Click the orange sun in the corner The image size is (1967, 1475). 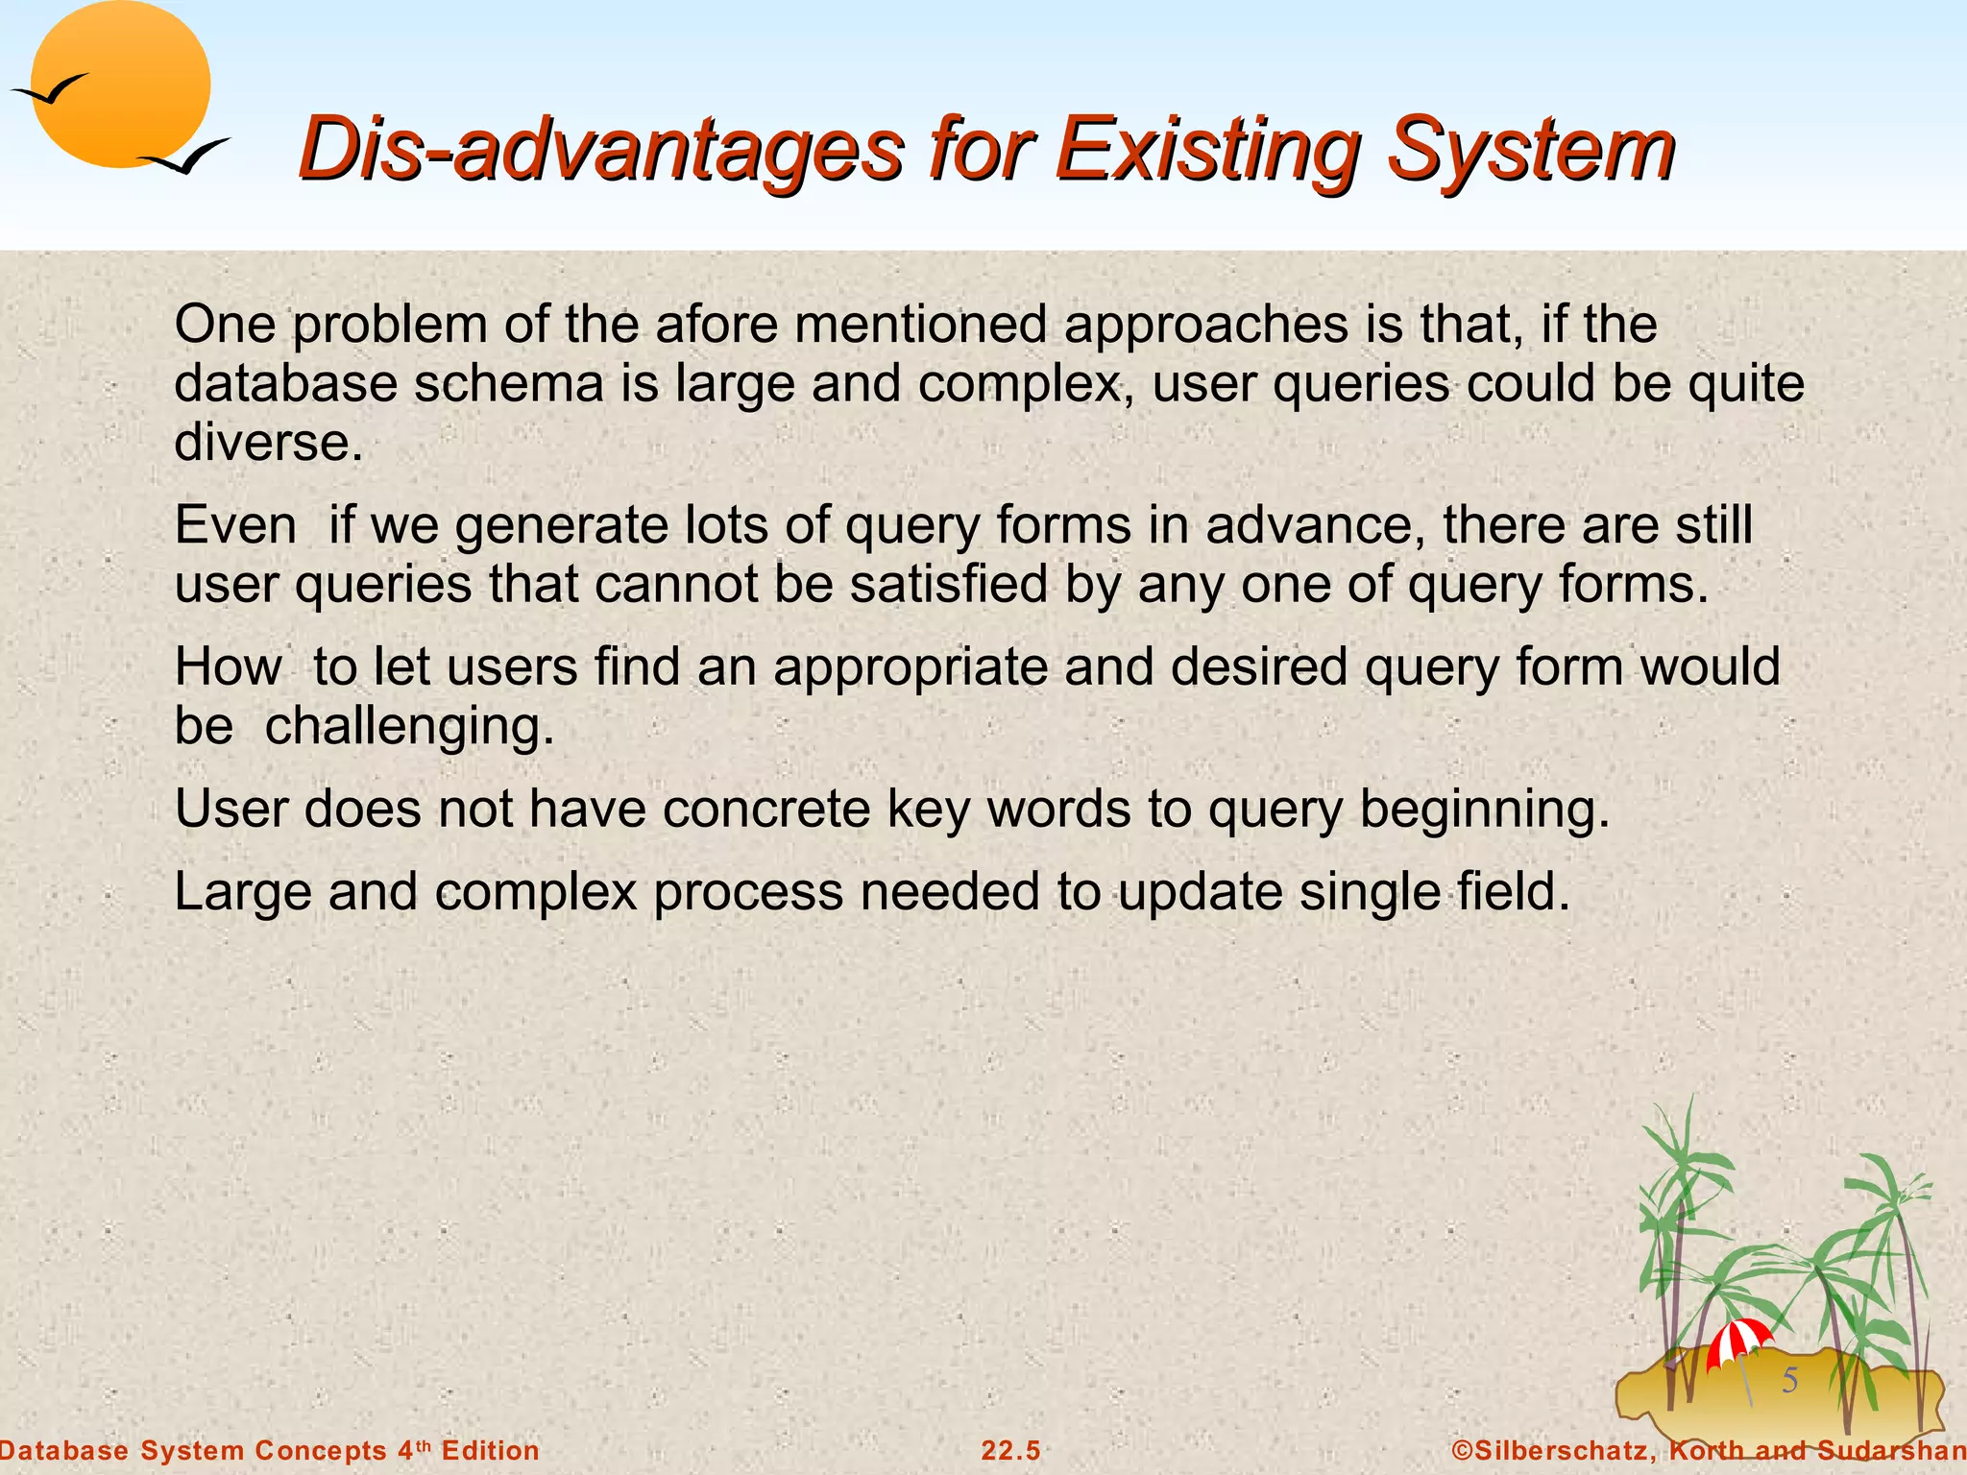[120, 85]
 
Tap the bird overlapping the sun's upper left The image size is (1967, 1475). [50, 90]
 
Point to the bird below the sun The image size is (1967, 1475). [184, 157]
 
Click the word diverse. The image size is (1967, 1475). [268, 442]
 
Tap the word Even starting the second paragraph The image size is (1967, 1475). [235, 525]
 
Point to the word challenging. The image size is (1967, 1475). [409, 726]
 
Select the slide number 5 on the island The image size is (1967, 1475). [1790, 1381]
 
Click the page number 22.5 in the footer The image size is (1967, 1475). [1010, 1451]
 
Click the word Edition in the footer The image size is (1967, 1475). [490, 1451]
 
